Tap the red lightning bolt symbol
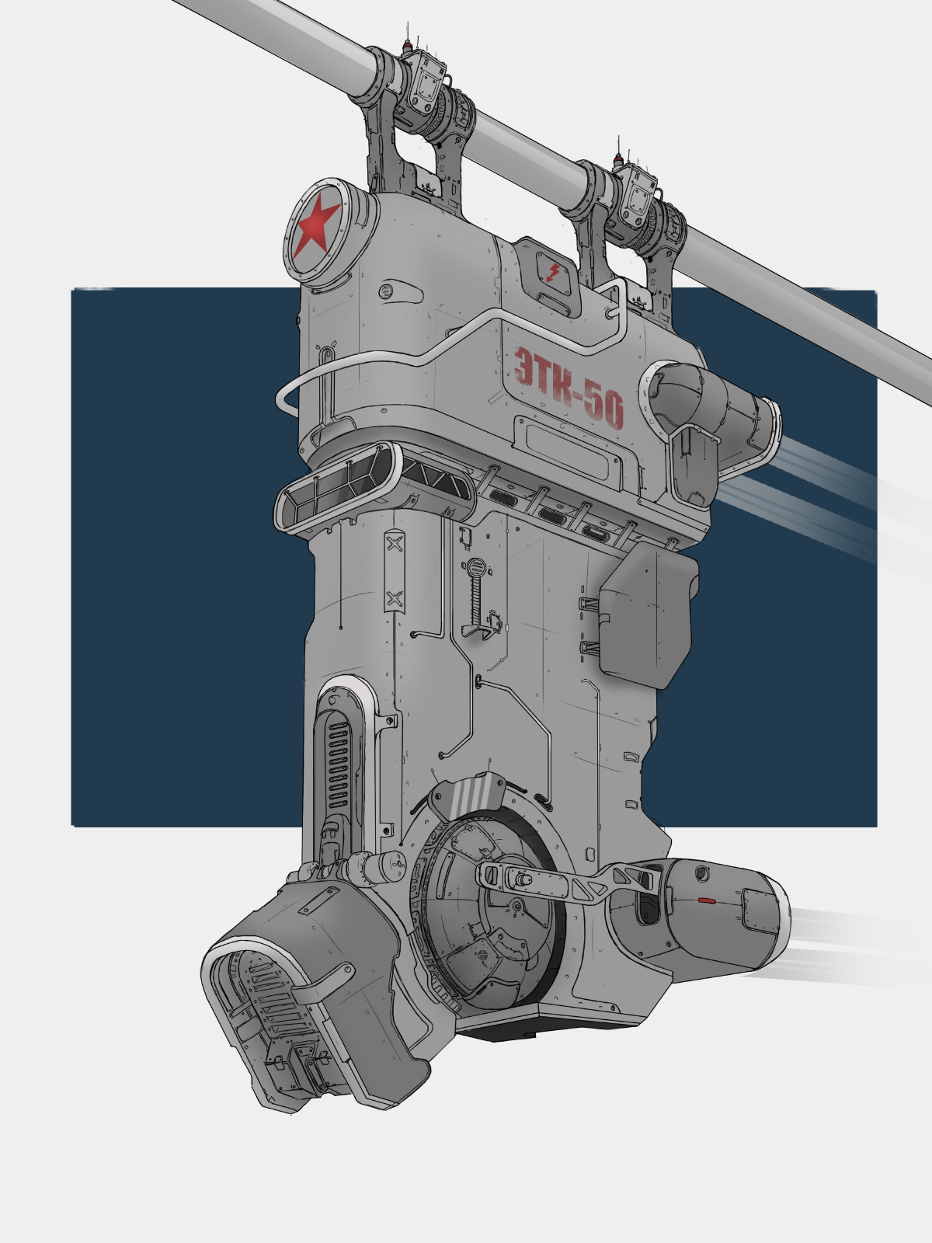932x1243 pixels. [x=553, y=272]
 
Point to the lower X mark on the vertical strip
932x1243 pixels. [x=395, y=597]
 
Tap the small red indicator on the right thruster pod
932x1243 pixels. [x=705, y=900]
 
